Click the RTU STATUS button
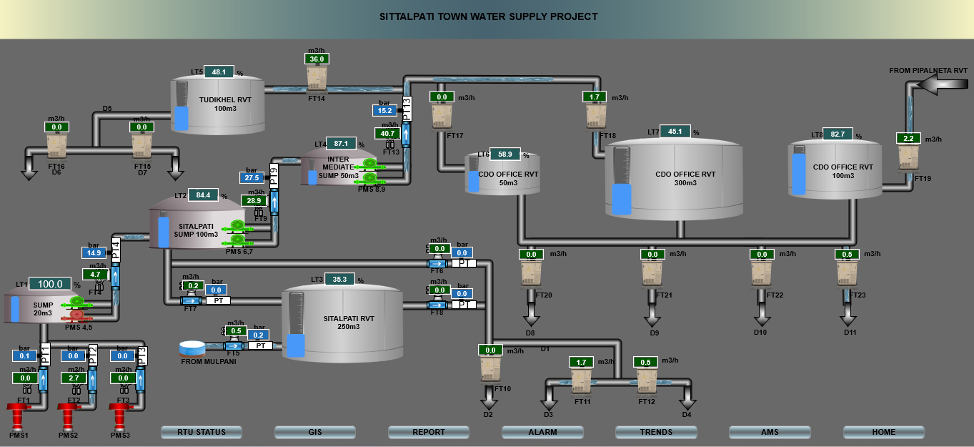click(x=202, y=432)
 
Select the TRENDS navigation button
click(x=656, y=432)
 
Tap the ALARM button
click(x=542, y=432)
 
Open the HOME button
click(x=883, y=432)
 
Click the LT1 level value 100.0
click(x=50, y=284)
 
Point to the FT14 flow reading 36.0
click(x=317, y=59)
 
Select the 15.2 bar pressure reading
click(x=384, y=110)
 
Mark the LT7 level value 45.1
click(x=675, y=131)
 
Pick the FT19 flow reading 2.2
click(x=908, y=139)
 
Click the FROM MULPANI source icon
click(x=192, y=348)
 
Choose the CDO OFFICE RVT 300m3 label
click(x=685, y=178)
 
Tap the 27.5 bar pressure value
click(x=252, y=178)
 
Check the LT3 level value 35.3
click(x=340, y=279)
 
